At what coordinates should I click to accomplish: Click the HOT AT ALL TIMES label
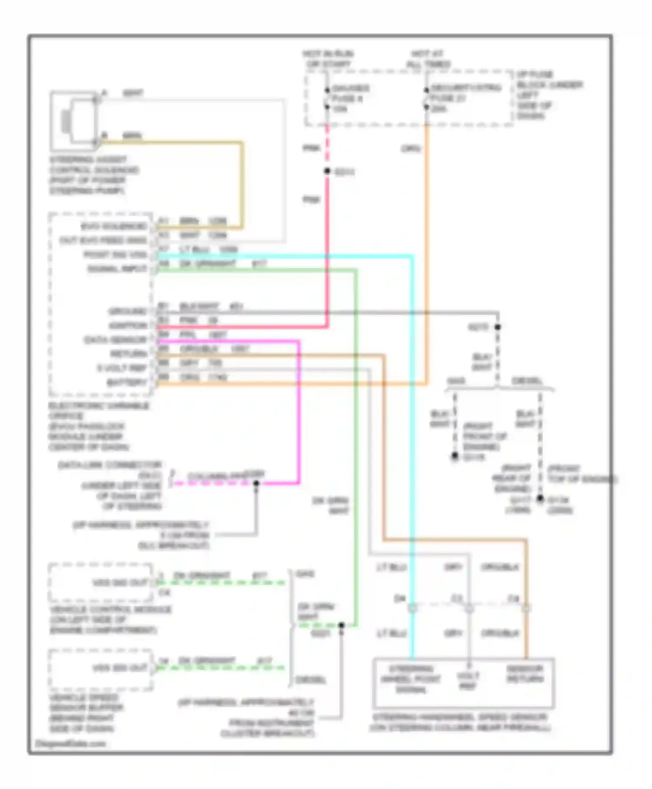(428, 59)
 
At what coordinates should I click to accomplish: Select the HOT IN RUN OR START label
(328, 59)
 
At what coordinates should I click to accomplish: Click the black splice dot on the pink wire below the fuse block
(327, 171)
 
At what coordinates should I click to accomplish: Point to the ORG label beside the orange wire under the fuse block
(411, 149)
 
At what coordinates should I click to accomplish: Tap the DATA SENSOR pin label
(116, 340)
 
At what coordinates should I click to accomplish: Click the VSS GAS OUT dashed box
(101, 582)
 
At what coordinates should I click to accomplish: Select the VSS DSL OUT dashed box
(101, 668)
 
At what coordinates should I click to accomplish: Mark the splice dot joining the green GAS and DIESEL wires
(341, 625)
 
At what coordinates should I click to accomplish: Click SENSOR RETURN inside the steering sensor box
(525, 674)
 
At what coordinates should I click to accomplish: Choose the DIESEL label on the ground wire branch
(527, 381)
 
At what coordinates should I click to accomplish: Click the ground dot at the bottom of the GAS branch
(455, 456)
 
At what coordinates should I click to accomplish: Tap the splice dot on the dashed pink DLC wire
(256, 483)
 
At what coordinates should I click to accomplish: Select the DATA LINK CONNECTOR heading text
(110, 465)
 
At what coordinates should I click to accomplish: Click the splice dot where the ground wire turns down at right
(498, 327)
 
